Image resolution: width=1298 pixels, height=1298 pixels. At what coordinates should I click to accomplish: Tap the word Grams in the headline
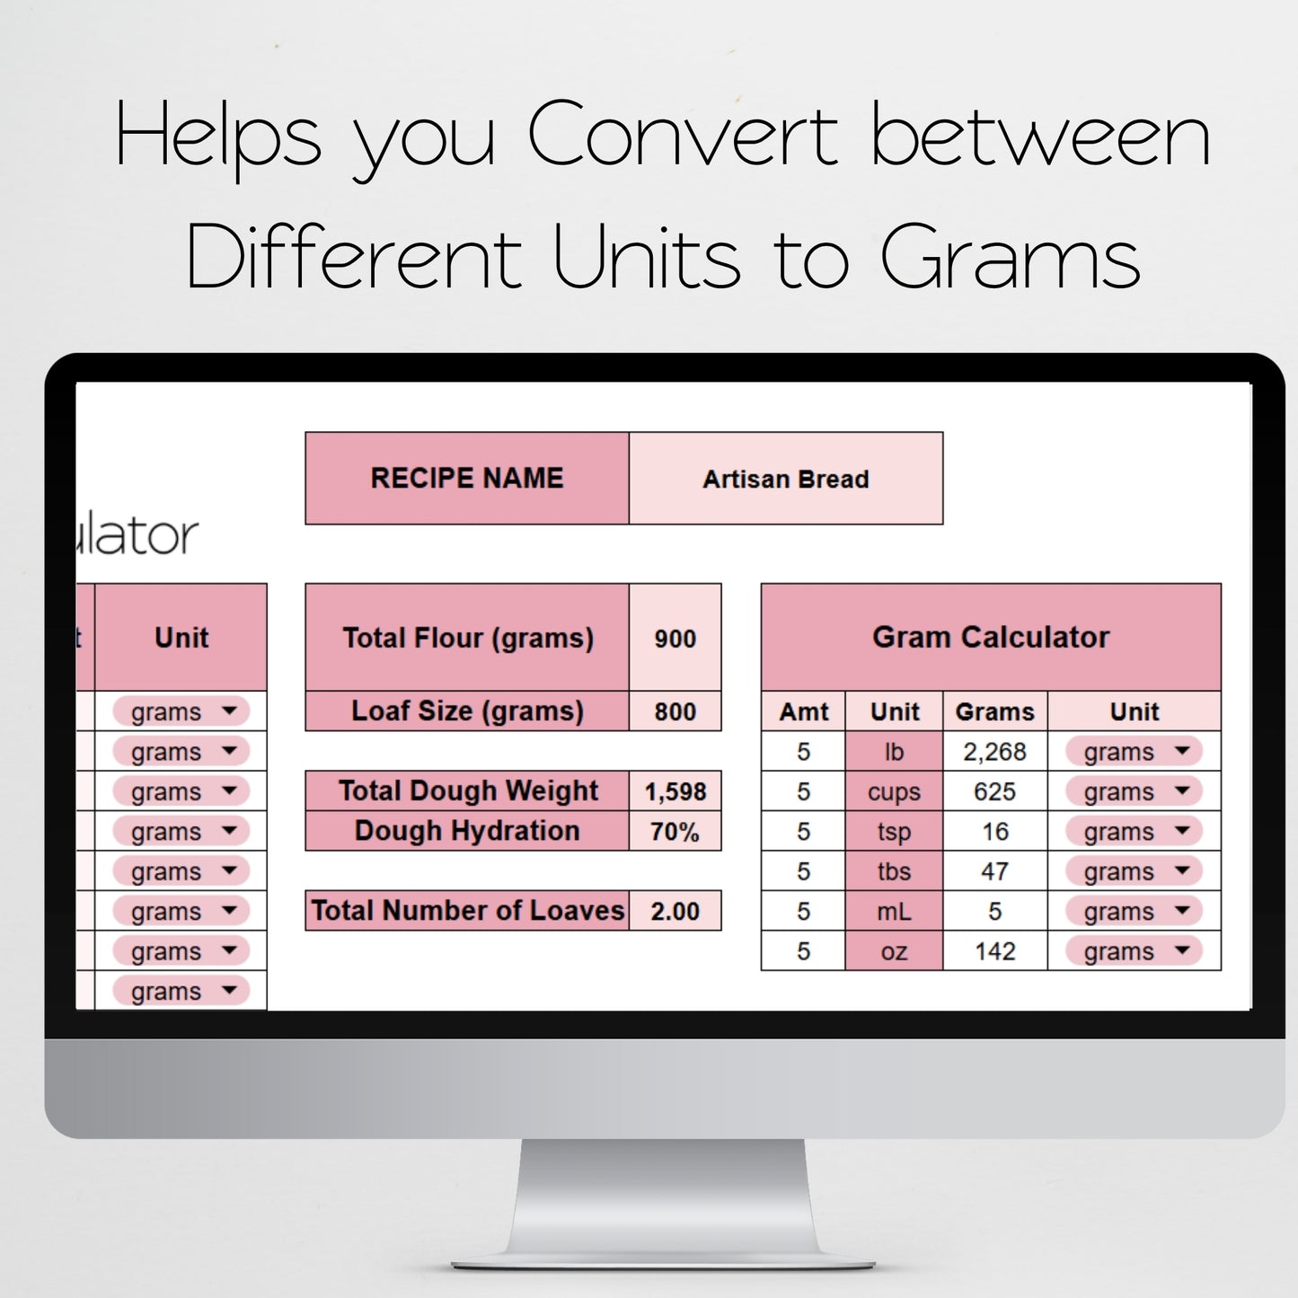pos(1010,259)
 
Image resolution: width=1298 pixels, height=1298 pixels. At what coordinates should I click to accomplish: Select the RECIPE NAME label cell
pos(467,478)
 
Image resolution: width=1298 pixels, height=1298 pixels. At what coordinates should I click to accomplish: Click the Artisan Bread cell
pos(785,479)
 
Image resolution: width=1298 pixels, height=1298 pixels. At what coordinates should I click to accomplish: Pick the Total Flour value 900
pos(675,639)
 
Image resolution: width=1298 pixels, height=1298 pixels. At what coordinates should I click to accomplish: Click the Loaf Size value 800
pos(675,711)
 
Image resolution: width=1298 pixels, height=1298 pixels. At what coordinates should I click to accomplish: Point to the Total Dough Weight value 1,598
pos(675,791)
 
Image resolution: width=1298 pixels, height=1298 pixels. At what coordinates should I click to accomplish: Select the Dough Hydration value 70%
pos(675,831)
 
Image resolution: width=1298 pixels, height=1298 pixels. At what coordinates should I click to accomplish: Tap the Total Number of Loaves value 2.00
pos(675,911)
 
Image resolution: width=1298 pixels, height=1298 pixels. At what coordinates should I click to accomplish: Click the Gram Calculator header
pos(991,637)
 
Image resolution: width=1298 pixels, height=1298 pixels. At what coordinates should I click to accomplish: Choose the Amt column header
pos(804,711)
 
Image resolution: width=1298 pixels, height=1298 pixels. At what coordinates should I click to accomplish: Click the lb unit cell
pos(894,751)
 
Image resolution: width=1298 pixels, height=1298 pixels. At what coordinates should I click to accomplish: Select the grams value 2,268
pos(994,751)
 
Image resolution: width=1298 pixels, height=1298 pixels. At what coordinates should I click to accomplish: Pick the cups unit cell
pos(894,791)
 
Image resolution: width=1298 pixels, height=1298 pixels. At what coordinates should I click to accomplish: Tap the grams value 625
pos(994,791)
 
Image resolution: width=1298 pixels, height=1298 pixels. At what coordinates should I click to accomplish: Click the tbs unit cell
pos(894,871)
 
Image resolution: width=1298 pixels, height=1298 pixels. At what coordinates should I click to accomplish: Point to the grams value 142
pos(994,951)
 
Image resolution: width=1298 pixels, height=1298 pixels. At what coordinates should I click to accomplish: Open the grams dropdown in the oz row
pos(1135,951)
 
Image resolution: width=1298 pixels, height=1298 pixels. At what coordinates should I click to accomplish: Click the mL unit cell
pos(894,911)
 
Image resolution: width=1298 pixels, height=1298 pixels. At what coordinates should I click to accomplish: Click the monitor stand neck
pos(663,1195)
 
